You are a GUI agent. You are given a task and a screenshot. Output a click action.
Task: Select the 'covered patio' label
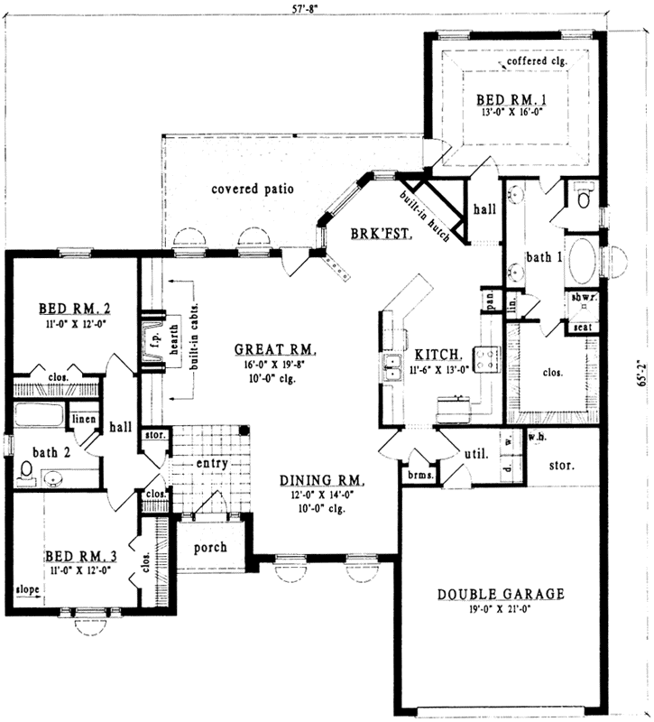253,190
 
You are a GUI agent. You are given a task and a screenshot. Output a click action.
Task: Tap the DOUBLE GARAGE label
501,594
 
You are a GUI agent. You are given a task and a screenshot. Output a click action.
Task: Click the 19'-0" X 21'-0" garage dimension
501,611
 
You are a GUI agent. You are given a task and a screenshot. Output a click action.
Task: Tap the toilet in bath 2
25,472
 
